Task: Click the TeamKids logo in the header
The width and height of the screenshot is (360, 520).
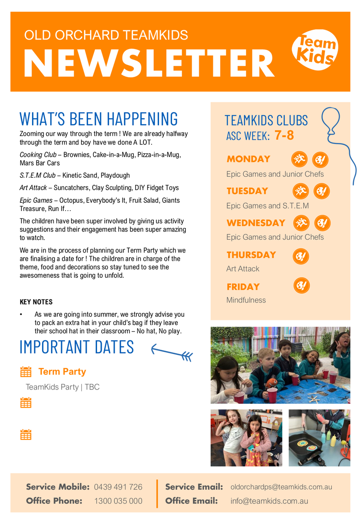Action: point(315,51)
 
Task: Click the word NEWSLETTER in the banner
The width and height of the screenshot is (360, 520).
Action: point(149,63)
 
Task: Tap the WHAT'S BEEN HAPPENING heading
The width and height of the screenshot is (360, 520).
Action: point(99,119)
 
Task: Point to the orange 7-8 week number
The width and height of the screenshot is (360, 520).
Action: point(284,135)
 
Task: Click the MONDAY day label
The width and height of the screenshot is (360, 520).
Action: point(248,159)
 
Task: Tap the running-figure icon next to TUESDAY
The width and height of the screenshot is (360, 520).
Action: point(300,191)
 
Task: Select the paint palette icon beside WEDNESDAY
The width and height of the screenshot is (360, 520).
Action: point(322,223)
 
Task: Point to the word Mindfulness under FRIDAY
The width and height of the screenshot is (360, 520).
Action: point(246,300)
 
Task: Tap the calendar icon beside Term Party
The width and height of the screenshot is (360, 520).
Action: point(26,372)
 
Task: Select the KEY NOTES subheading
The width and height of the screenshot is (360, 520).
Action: point(36,302)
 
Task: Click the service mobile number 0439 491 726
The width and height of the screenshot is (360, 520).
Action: point(118,487)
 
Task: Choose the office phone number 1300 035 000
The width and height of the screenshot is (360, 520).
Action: point(118,501)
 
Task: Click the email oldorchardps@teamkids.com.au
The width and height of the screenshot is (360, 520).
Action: point(281,487)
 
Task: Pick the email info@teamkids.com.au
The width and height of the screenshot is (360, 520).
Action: point(269,501)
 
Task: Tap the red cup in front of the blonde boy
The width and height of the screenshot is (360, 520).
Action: point(272,395)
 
